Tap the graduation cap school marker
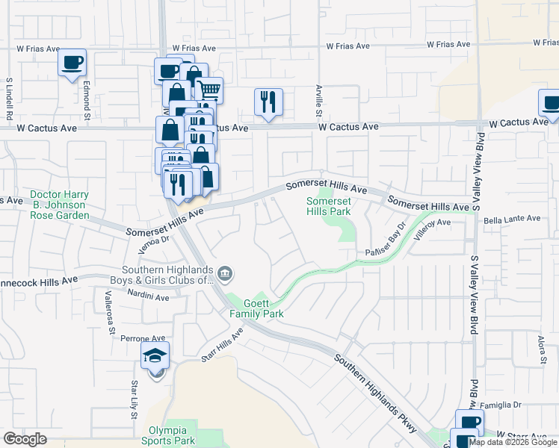click(x=155, y=356)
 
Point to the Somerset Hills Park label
click(x=328, y=206)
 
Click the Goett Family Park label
click(x=256, y=308)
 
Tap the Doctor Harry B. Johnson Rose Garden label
click(x=60, y=205)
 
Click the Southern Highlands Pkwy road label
click(x=371, y=385)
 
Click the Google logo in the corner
click(x=25, y=439)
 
